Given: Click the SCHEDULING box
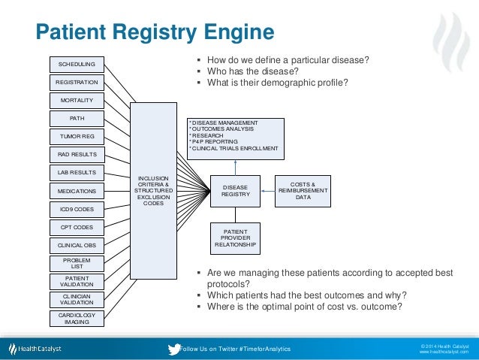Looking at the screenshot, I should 77,63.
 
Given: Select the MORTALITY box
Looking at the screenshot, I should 77,99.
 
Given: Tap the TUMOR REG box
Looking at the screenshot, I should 77,136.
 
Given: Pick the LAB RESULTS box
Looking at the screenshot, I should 77,173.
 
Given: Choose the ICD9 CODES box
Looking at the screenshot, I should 77,208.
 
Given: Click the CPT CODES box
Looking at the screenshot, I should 77,227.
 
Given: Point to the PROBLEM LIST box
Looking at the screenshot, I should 77,263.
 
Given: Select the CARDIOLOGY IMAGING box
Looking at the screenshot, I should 77,318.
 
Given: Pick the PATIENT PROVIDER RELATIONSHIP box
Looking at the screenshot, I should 235,237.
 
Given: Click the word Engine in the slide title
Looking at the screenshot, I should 233,32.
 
